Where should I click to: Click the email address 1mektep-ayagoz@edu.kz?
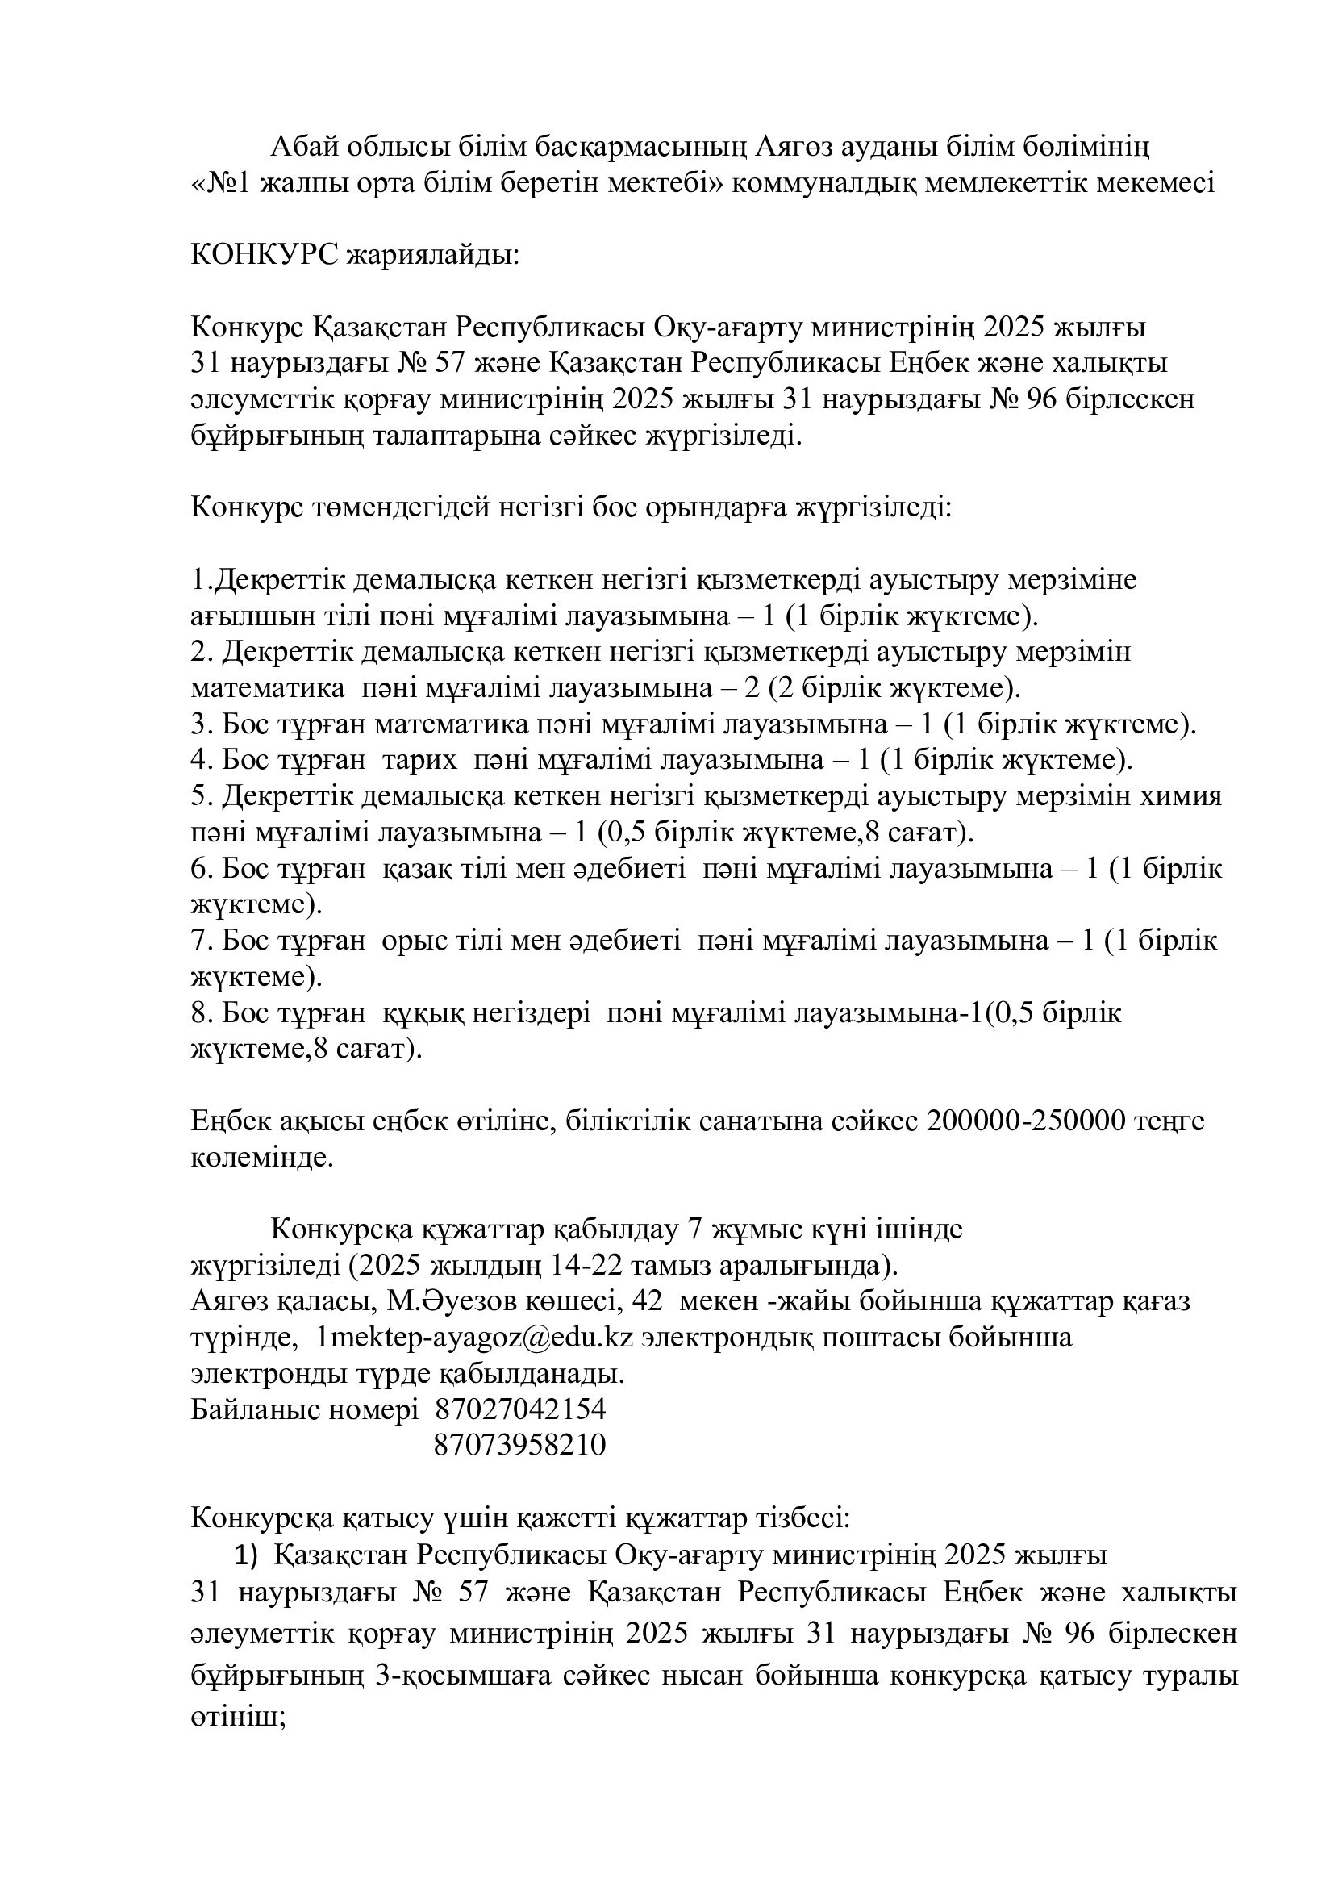(475, 1338)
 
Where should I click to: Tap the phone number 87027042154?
(520, 1410)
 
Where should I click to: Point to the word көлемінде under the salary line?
(262, 1158)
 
